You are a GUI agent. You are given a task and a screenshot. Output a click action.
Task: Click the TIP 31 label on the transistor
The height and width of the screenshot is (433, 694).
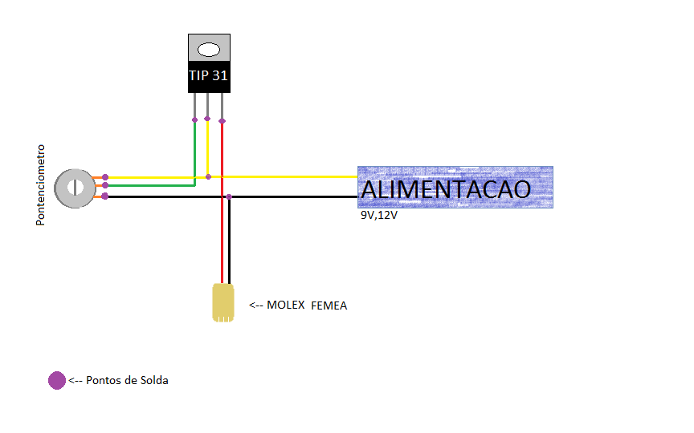click(x=209, y=75)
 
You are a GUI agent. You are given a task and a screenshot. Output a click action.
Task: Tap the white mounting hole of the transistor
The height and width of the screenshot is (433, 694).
click(x=209, y=50)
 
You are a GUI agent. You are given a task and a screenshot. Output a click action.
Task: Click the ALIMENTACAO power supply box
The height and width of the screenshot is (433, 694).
click(x=455, y=187)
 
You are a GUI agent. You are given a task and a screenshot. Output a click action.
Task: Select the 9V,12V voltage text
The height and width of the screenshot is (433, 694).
click(x=379, y=215)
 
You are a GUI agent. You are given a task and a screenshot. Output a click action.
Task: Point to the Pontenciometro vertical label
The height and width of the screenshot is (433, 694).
click(x=40, y=185)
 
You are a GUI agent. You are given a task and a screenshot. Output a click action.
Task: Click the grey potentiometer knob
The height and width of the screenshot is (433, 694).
click(x=75, y=188)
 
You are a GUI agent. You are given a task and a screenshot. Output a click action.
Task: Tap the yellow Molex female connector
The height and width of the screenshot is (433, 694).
click(x=223, y=302)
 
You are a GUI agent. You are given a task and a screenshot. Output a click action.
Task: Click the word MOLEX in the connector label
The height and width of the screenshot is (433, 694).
click(x=285, y=305)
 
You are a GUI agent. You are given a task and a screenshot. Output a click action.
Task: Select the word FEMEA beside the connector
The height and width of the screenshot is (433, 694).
click(x=329, y=306)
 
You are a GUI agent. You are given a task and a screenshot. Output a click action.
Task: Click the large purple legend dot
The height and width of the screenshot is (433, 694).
click(x=57, y=380)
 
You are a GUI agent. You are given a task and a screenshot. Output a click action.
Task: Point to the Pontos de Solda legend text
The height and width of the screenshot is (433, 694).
click(x=127, y=380)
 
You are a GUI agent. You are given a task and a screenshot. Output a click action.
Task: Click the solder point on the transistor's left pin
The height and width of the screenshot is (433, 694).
click(x=194, y=119)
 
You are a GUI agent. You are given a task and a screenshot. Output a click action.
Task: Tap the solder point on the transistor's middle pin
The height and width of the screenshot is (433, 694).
click(x=207, y=119)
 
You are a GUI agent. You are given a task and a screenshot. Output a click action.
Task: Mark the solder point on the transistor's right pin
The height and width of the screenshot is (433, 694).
click(x=222, y=121)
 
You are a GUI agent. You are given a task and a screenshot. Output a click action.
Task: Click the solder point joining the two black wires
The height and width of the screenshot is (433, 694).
click(x=229, y=196)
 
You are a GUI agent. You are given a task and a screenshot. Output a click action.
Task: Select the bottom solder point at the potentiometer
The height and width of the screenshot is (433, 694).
click(x=105, y=196)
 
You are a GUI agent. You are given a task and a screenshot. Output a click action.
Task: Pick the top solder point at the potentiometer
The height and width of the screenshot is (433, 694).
click(x=105, y=177)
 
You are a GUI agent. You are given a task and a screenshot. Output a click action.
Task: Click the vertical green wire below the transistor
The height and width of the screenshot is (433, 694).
click(x=194, y=153)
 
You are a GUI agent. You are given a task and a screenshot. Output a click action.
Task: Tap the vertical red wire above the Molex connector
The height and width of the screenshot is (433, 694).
click(x=222, y=203)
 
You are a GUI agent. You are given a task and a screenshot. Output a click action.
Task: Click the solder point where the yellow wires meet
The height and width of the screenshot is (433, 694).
click(x=209, y=176)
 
